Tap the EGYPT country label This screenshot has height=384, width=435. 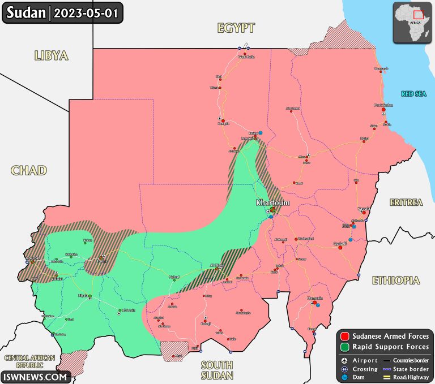click(236, 28)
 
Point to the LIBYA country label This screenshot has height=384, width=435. click(51, 55)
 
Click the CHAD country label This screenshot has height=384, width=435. click(28, 170)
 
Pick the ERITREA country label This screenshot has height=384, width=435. click(406, 202)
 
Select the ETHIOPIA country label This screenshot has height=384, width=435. click(396, 280)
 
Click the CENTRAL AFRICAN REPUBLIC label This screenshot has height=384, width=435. click(29, 361)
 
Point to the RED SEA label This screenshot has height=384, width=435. click(413, 94)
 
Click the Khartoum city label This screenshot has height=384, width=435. click(272, 202)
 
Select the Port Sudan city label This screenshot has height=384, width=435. click(383, 105)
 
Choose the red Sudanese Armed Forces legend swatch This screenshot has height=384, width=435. click(345, 336)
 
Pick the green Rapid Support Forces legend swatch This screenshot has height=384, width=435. click(345, 346)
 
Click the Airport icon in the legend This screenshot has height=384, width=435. click(345, 360)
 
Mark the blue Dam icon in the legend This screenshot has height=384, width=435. click(345, 377)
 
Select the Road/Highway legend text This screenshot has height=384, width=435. click(409, 377)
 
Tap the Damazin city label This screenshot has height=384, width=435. click(315, 298)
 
